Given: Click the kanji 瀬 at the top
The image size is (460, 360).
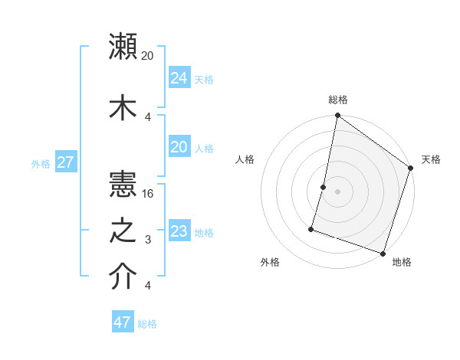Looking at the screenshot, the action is pos(123,47).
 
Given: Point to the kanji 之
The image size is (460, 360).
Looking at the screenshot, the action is pos(123,231).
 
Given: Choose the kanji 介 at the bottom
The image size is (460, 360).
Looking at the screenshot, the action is pos(123,277).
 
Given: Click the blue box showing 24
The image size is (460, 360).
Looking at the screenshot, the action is pos(179,78).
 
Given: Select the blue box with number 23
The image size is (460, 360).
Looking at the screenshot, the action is pos(179,231).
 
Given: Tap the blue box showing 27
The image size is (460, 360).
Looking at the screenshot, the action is pos(66,162).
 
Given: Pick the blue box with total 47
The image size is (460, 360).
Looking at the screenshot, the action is pos(123,322).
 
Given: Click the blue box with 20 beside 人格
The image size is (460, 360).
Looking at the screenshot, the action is pos(179,147).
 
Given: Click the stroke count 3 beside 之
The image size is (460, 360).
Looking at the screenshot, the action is pos(148,240).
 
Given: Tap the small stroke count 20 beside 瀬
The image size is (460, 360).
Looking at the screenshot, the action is pos(148,56).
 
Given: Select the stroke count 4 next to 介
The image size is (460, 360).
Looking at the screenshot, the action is pos(148,286).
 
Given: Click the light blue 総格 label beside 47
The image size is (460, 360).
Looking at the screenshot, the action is pos(147,324).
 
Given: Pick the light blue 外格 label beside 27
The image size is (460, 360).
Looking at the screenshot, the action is pos(41,163).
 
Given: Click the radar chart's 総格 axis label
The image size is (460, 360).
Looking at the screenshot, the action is pos(338,100).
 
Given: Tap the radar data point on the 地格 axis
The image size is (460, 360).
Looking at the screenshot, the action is pos(383,253).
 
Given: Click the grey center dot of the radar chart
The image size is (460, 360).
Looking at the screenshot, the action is pos(337,191).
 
